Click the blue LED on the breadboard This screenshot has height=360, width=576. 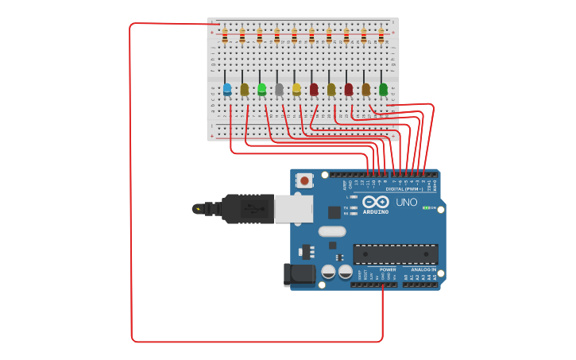(x=227, y=89)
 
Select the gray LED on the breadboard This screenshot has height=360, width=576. (x=279, y=89)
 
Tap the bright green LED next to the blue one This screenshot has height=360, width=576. (x=261, y=89)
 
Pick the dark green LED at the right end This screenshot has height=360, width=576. (x=383, y=89)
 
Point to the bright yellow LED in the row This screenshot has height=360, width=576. (x=296, y=89)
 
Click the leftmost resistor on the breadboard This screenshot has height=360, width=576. (x=225, y=35)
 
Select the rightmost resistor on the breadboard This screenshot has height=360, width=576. (x=381, y=35)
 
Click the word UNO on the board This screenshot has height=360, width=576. (x=406, y=203)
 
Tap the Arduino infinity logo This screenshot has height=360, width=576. (x=374, y=202)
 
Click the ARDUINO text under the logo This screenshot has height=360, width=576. (x=376, y=212)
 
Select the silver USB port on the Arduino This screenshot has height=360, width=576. (x=293, y=209)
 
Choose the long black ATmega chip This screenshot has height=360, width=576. (x=395, y=254)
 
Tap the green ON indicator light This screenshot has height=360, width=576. (x=427, y=208)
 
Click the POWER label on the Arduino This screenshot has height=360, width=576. (x=388, y=269)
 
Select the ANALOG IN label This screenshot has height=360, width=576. (x=423, y=269)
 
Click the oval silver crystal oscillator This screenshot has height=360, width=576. (x=333, y=232)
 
